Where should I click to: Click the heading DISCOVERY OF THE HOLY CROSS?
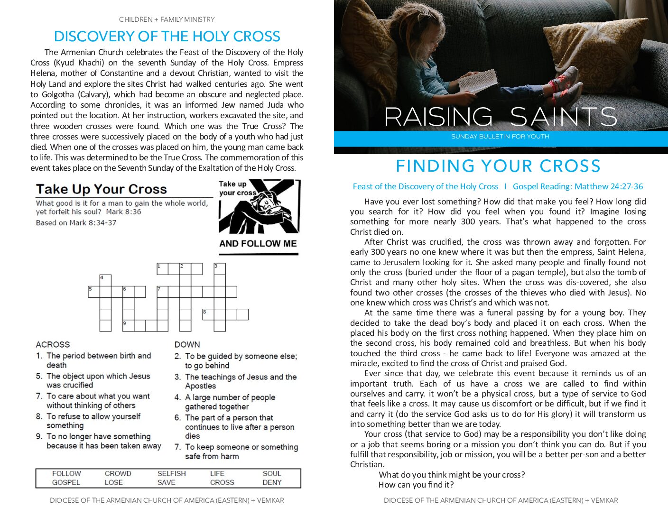click(167, 37)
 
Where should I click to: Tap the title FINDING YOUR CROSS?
click(498, 166)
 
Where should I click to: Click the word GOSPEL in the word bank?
click(66, 482)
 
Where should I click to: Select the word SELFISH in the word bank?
click(171, 473)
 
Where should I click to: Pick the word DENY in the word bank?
click(272, 482)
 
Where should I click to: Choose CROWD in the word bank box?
click(118, 473)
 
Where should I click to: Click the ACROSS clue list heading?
click(53, 344)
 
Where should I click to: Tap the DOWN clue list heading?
click(187, 344)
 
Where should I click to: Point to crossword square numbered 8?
click(208, 314)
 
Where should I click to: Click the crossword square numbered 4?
click(105, 280)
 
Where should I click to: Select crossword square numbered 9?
click(128, 325)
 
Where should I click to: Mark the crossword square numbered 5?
click(94, 291)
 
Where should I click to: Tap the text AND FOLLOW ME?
click(258, 244)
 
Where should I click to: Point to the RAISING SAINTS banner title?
click(500, 117)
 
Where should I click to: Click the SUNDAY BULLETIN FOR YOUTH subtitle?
click(500, 137)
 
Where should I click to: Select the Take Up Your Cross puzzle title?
click(102, 189)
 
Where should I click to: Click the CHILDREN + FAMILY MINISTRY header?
click(167, 19)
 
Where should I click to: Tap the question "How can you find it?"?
click(416, 485)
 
